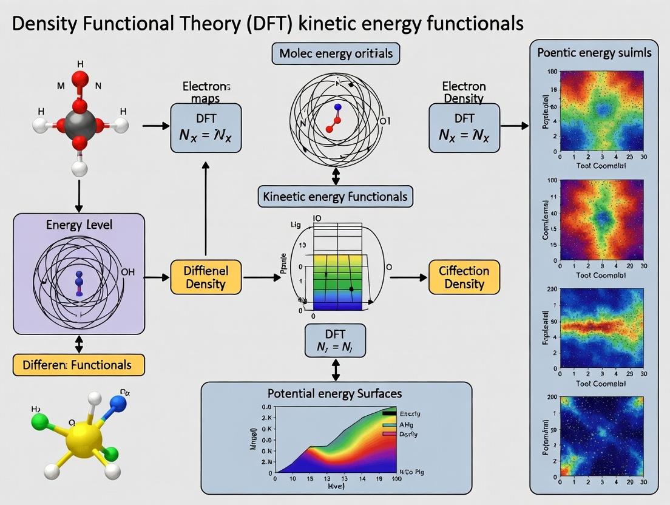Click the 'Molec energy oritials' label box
tap(336, 53)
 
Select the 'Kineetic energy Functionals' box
tap(336, 197)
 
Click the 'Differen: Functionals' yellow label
tap(78, 365)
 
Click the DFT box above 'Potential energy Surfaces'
tap(336, 340)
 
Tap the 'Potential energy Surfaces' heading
tap(336, 394)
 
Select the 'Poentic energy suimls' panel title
tap(594, 52)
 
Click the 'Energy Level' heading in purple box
tap(79, 225)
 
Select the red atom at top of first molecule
tap(80, 80)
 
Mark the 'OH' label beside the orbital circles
tap(128, 272)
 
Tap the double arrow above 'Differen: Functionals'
tap(78, 344)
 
